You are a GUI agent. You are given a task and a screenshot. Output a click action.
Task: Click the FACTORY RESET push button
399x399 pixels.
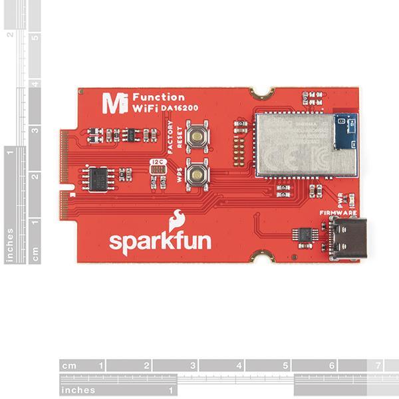tap(198, 136)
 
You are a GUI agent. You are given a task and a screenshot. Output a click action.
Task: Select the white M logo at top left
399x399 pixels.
tap(111, 102)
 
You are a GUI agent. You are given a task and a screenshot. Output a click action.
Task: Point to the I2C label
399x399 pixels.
tap(158, 162)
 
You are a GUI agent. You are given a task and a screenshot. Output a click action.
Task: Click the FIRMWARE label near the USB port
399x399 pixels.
tap(338, 213)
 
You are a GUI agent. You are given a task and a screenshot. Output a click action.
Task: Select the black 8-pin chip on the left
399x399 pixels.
tap(98, 178)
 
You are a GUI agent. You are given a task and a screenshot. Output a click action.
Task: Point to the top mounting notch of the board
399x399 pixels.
tap(264, 92)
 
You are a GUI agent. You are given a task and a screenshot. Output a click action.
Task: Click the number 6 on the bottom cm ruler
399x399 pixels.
tap(331, 366)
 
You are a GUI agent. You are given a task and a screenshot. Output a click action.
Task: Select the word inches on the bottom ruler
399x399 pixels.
tap(79, 390)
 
